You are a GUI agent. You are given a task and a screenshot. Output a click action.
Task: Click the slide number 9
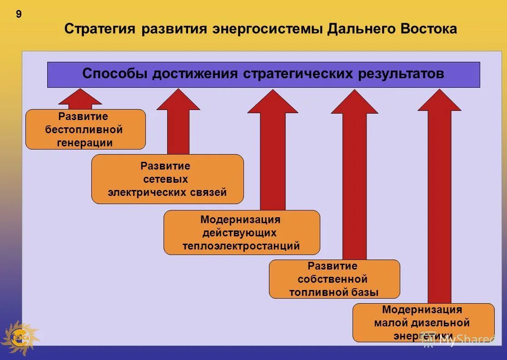[x=19, y=15]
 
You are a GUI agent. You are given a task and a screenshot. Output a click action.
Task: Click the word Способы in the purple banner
[x=115, y=74]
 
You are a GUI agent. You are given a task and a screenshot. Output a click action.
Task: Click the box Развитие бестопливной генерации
[x=85, y=130]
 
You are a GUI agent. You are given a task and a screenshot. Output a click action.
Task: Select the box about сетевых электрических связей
[x=167, y=179]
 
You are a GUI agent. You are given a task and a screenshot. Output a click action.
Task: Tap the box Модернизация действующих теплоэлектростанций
[x=241, y=232]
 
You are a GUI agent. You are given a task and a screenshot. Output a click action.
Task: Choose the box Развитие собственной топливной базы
[x=334, y=279]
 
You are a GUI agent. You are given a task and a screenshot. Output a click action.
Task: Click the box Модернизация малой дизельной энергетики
[x=423, y=322]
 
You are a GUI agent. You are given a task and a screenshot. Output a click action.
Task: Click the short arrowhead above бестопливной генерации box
[x=80, y=97]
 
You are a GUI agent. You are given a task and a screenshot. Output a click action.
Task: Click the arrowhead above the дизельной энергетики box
[x=439, y=101]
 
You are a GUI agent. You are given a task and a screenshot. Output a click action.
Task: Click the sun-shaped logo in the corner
[x=20, y=337]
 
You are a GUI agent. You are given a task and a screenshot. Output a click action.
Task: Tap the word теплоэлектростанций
[x=241, y=246]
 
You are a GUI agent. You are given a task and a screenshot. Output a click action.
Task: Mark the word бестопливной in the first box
[x=84, y=130]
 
